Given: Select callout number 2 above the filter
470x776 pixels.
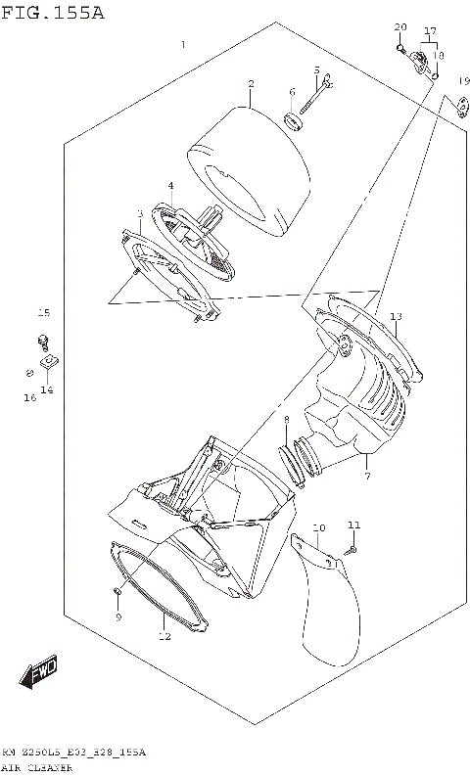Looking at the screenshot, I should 251,84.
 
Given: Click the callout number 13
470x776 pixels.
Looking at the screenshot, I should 396,317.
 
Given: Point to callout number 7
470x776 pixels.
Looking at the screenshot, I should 366,476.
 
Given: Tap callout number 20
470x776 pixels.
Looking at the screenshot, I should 399,26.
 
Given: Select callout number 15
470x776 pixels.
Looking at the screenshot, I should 42,313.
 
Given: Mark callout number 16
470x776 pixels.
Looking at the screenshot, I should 30,397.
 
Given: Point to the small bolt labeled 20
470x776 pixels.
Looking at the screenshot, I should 400,46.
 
